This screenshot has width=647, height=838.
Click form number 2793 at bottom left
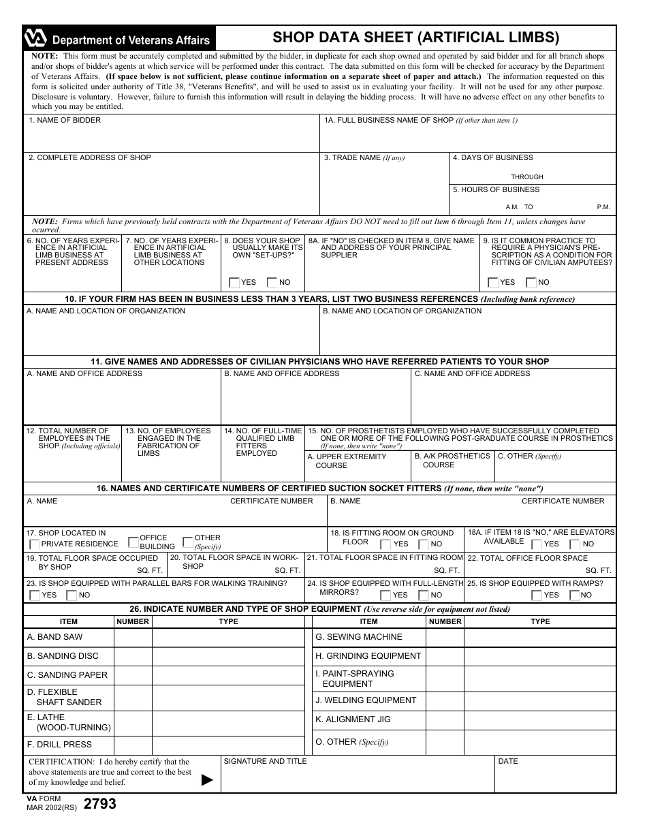pos(99,804)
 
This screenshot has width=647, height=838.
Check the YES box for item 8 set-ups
pos(234,283)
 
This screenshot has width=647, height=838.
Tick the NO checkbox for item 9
pos(532,283)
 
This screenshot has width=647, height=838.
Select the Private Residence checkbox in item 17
pos(35,544)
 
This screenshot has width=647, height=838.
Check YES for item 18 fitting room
pos(385,544)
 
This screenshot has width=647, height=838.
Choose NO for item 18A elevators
pos(574,544)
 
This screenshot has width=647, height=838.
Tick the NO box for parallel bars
pos(71,595)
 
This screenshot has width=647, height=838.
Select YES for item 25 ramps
pos(537,595)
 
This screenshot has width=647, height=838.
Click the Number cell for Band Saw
pos(133,638)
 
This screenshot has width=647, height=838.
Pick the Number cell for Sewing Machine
pos(445,638)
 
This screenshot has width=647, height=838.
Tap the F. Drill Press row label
pos(59,745)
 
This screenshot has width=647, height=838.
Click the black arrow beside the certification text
pos(208,781)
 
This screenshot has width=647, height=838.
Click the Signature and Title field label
pos(265,761)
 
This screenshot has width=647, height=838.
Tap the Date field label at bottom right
pos(508,761)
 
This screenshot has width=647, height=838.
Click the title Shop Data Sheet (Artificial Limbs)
pos(416,37)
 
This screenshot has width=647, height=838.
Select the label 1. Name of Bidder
pos(65,121)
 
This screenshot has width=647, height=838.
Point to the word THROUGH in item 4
pos(527,177)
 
